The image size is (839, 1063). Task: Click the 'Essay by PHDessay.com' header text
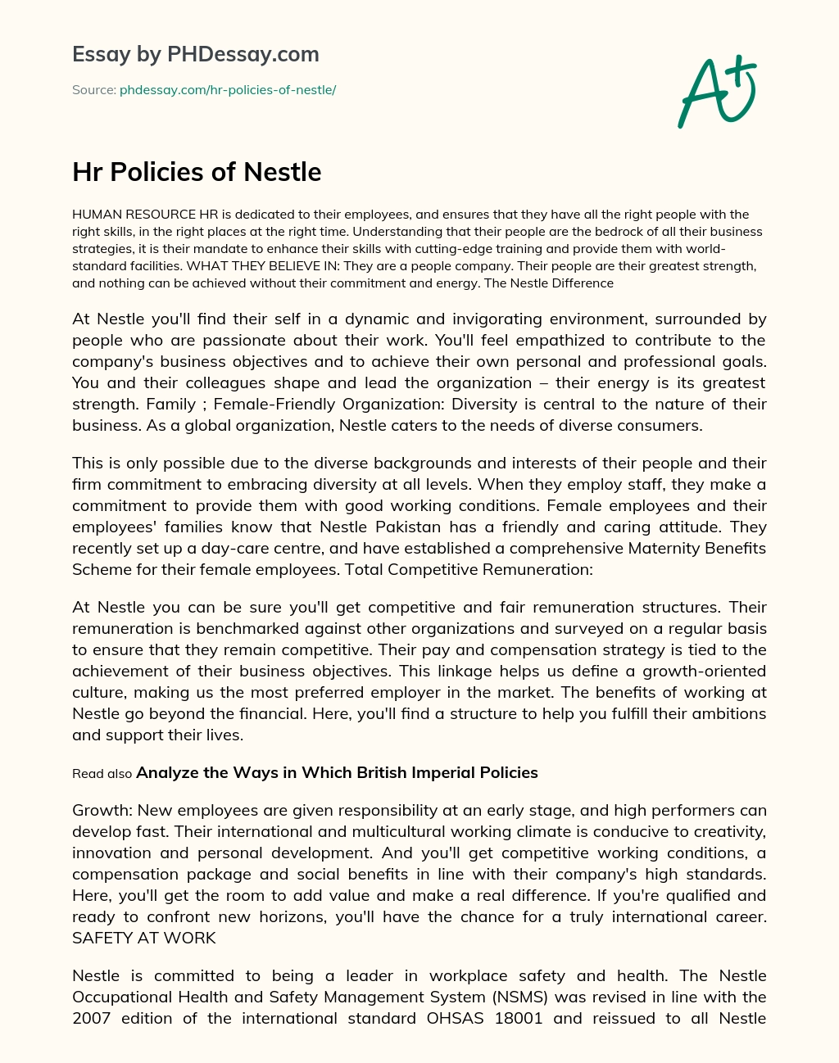coord(195,54)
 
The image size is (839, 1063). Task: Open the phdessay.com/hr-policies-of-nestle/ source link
coord(228,90)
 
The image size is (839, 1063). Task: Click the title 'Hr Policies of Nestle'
coord(197,172)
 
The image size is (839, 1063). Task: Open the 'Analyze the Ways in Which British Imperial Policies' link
coord(337,772)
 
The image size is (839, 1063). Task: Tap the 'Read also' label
coord(102,773)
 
